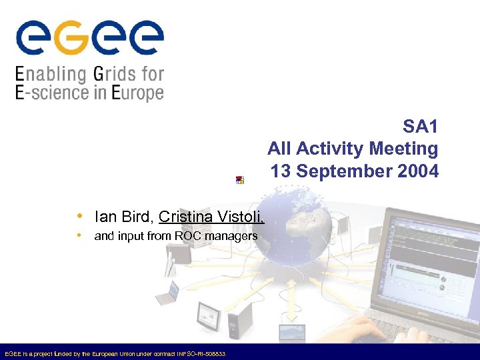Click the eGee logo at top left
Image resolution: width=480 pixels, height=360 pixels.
pos(89,39)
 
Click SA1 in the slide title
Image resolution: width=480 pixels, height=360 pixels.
pos(420,126)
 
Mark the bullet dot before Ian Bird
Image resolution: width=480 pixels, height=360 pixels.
pos(79,216)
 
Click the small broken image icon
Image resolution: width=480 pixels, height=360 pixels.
pos(239,180)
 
